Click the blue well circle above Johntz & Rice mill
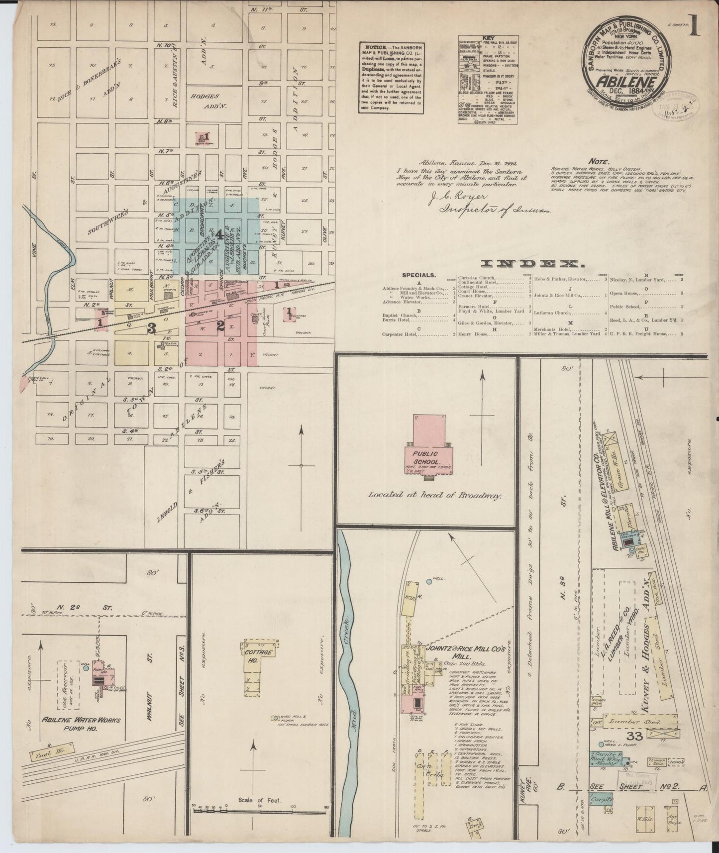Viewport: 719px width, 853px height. pyautogui.click(x=429, y=581)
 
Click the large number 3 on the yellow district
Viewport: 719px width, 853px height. pyautogui.click(x=152, y=328)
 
